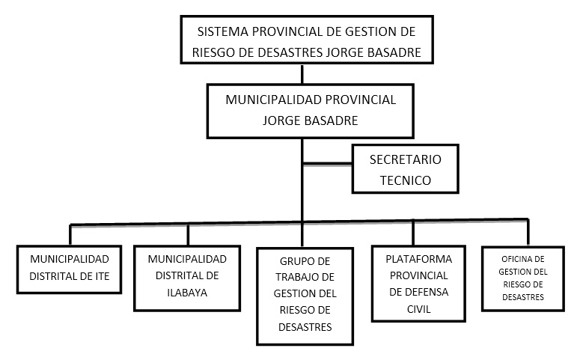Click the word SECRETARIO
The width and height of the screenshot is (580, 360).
coord(406,159)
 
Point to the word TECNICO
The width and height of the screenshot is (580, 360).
coord(406,180)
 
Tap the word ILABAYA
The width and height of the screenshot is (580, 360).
coord(187,293)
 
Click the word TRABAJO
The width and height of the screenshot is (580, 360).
coord(295,277)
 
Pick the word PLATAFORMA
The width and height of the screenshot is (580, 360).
coord(419,259)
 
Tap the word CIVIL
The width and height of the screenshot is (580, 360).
coord(419,309)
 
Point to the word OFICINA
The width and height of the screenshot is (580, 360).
coord(513,259)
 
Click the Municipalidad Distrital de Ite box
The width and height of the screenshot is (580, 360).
coord(69,245)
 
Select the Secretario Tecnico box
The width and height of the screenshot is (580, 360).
coord(406,144)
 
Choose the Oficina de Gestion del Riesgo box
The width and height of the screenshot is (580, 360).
coord(523,247)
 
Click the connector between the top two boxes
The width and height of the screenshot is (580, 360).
coord(302,74)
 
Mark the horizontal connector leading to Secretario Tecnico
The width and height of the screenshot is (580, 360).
coord(327,164)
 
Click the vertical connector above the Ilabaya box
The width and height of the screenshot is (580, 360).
coord(188,234)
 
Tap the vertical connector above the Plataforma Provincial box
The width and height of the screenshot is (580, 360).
coord(413,233)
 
